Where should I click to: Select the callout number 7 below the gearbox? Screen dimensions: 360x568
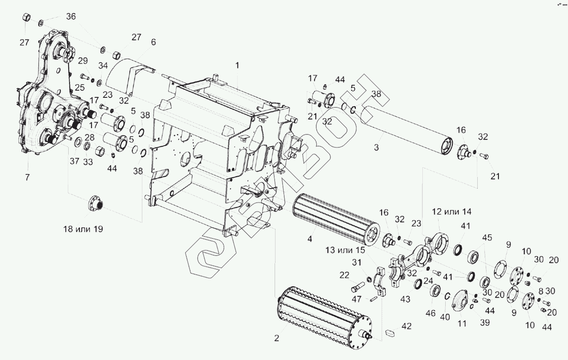[x=27, y=178]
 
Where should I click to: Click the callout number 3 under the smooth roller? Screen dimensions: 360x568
[x=376, y=147]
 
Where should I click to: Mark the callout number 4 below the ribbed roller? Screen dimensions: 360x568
[x=310, y=240]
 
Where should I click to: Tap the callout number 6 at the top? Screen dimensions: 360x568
[x=154, y=42]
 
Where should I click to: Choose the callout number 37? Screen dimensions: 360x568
[x=74, y=161]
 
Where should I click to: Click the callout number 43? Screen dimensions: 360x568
[x=405, y=299]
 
